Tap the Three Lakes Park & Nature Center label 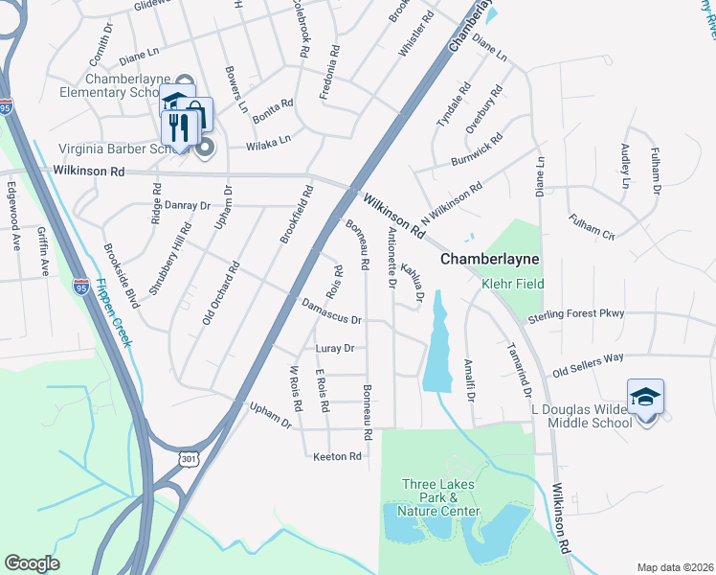click(440, 498)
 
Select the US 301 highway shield click(189, 459)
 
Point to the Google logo click(32, 563)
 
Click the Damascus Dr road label click(330, 312)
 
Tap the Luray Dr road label click(335, 348)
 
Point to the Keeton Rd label click(337, 457)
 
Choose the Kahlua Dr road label click(413, 283)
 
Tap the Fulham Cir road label click(590, 226)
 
